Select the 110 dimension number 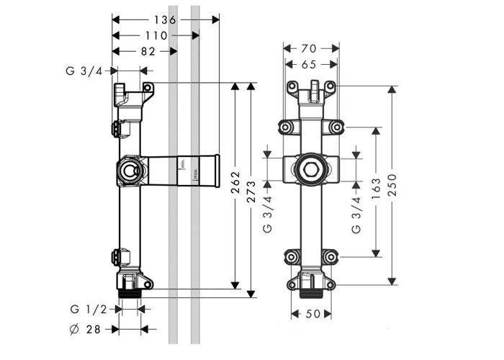pos(155,35)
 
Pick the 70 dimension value pos(310,49)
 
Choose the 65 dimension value pos(310,64)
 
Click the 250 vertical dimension pos(392,192)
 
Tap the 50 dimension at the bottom pos(310,315)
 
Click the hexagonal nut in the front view pos(310,171)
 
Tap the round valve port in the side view pos(130,171)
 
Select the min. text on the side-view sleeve pos(184,166)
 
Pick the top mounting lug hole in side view pos(148,89)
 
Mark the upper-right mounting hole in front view pos(336,127)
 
